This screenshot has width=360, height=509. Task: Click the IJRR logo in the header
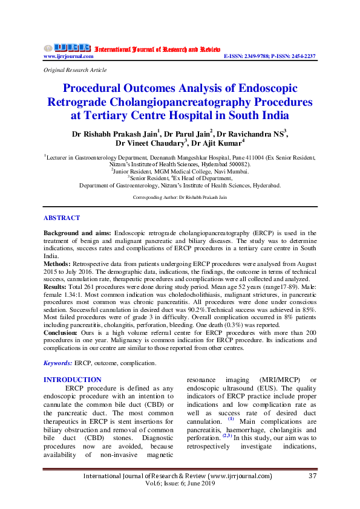(67, 48)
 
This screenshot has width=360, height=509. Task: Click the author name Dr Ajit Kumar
(221, 143)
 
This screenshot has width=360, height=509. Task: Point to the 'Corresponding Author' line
(180, 198)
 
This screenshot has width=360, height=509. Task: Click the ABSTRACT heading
(62, 218)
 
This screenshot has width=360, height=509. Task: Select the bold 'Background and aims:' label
(77, 233)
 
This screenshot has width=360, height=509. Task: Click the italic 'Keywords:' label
(58, 363)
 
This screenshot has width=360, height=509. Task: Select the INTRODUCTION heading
(73, 380)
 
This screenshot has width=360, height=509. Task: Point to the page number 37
(312, 477)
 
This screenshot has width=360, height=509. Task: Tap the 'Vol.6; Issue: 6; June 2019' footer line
(180, 485)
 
